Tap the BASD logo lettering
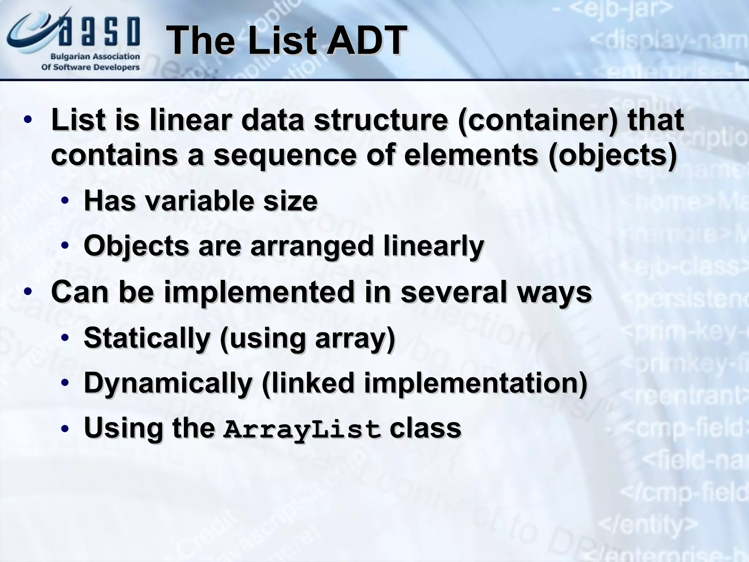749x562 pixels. coord(99,31)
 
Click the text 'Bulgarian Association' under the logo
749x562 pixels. coord(95,57)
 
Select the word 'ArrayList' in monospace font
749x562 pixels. coord(302,429)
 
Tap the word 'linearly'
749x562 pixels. coord(434,246)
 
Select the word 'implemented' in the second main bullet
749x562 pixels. coord(260,292)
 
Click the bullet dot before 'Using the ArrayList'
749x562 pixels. coord(65,429)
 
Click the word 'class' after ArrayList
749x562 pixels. coord(425,428)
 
